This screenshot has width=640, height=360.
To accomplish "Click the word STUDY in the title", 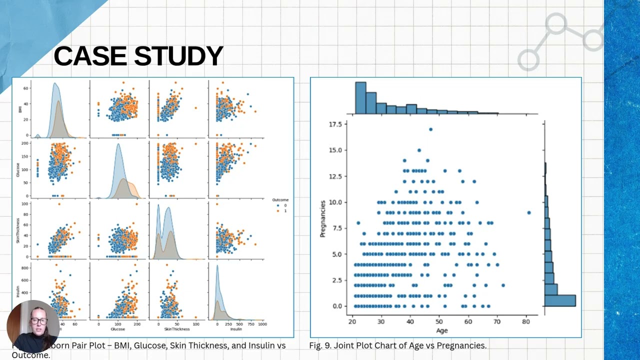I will coord(175,56).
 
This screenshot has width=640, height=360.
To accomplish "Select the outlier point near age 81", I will coord(529,212).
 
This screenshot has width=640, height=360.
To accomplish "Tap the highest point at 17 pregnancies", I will coord(430,129).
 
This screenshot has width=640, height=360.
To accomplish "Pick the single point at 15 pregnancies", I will coord(419,150).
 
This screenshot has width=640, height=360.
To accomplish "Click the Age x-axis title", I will coord(441,330).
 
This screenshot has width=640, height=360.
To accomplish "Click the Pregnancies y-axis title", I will coord(323,218).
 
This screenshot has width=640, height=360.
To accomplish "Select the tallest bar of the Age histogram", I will coord(360,98).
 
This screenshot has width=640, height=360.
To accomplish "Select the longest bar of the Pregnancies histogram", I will coord(559,300).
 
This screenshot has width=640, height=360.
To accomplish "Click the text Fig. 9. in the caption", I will coord(320,345).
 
